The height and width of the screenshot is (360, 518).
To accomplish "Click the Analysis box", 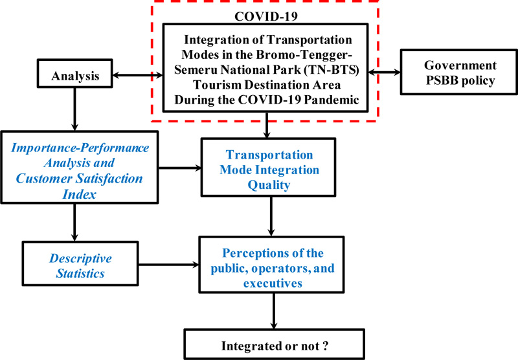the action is coord(75,73).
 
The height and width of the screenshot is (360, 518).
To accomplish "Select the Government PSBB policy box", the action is coord(459,72).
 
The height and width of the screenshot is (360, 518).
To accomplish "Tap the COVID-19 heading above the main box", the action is coord(266,16).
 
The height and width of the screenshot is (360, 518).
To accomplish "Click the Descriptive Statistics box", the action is coord(80,264).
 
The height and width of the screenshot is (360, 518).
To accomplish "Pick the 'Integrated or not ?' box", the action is coord(274,344).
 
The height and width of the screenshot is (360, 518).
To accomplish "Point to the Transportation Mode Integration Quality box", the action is coord(269,168).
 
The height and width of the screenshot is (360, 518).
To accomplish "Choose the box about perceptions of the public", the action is coord(271,265).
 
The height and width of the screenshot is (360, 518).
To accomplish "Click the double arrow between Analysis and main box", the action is coord(138,75).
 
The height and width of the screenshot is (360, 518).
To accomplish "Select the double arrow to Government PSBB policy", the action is coord(384,72).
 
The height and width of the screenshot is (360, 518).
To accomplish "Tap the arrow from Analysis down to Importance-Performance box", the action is coord(75,109).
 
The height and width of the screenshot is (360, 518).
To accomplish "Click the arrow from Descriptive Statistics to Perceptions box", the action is coord(169,265).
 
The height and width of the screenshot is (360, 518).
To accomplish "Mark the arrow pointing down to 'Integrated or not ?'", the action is coord(274,311).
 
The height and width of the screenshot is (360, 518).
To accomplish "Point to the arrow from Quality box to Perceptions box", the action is coord(271,216).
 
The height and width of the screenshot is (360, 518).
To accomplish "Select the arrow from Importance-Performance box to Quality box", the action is coord(180,168).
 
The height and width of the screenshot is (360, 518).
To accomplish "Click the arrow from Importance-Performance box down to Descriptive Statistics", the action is coord(74,222).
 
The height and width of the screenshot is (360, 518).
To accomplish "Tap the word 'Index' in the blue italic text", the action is coord(79,194).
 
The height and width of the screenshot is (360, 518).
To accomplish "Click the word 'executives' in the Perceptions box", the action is coord(273,284).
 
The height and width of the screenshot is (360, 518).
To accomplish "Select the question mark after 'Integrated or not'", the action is coord(326,346).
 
